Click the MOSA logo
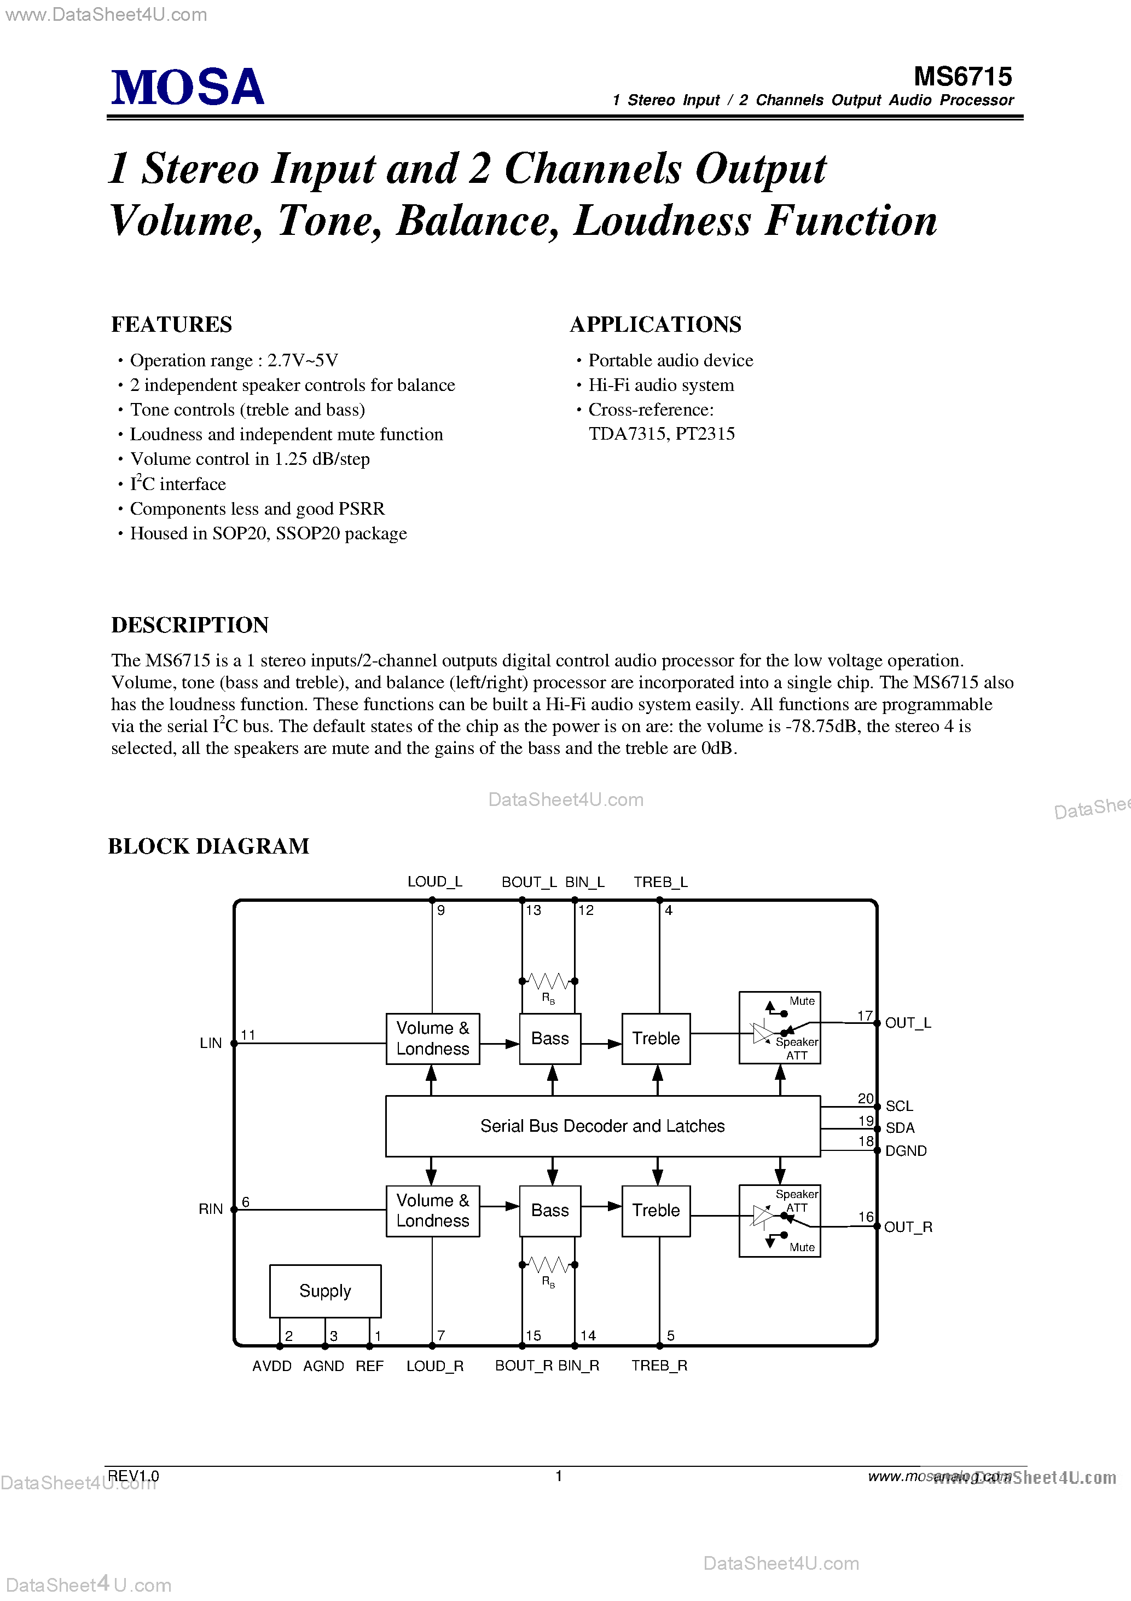coord(188,88)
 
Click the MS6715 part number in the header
coord(962,76)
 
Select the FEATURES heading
coord(171,324)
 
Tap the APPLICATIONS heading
coord(655,324)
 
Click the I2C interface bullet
coord(178,483)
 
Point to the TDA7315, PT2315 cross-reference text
coord(662,434)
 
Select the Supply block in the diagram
coord(324,1291)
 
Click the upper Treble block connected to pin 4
coord(656,1038)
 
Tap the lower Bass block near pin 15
coord(550,1211)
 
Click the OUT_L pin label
coord(907,1023)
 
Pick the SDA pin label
coord(900,1127)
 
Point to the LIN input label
coord(211,1043)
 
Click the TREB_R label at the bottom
coord(659,1366)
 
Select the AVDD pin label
coord(272,1366)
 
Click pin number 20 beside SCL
coord(865,1098)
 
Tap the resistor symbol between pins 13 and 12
coord(548,982)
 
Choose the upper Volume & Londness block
coord(433,1038)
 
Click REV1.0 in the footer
coord(134,1476)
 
